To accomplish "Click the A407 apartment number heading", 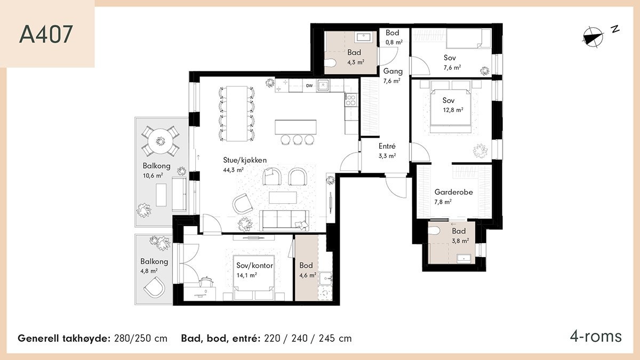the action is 46,35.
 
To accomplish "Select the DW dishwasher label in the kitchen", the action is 309,86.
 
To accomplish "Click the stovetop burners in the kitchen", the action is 351,100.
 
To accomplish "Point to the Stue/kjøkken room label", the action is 245,161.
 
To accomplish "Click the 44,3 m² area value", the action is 233,170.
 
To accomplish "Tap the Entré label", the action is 387,146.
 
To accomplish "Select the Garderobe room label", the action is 453,192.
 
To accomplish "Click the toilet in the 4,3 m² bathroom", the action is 330,62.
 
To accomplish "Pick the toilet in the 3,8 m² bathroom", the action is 434,230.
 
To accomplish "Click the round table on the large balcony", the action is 161,141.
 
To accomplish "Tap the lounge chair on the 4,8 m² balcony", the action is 155,287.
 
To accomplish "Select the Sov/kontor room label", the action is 254,266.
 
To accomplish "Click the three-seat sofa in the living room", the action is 284,221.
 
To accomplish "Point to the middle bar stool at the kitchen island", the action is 298,139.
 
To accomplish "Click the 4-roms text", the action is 596,337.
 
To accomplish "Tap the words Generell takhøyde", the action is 64,339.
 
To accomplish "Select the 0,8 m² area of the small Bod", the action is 394,43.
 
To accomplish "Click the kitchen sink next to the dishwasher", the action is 323,85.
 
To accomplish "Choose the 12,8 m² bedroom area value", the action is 453,110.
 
